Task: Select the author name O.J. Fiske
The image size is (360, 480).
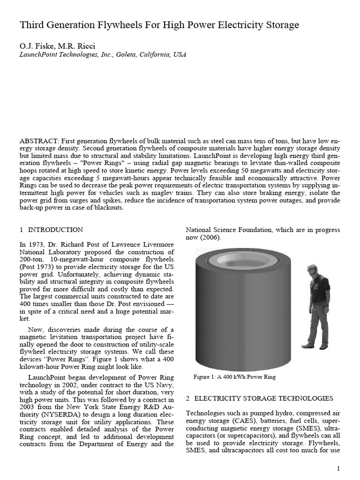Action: pos(35,45)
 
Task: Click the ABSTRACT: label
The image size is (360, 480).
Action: pos(40,141)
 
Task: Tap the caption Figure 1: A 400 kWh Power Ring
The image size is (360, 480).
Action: pos(235,377)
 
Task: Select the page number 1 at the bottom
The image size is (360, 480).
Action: pos(338,469)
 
